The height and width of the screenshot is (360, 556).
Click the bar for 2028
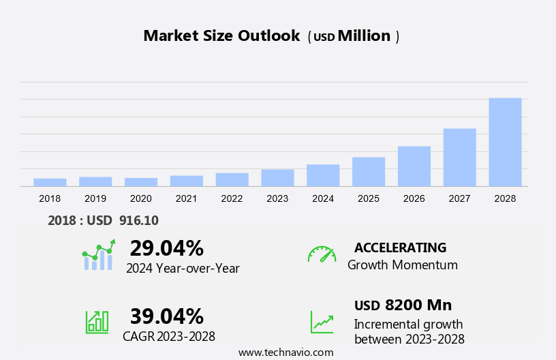pyautogui.click(x=505, y=142)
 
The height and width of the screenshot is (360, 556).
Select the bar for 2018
pyautogui.click(x=50, y=182)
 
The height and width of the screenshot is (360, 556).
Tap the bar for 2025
pyautogui.click(x=369, y=171)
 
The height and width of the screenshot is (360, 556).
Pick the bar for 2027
pyautogui.click(x=460, y=157)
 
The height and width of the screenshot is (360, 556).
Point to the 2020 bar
pyautogui.click(x=141, y=181)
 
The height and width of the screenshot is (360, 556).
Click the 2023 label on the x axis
pyautogui.click(x=277, y=198)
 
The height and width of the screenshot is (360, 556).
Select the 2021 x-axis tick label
pyautogui.click(x=186, y=198)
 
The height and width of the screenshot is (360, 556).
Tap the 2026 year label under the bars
pyautogui.click(x=414, y=198)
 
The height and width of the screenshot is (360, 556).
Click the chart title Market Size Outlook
pyautogui.click(x=221, y=36)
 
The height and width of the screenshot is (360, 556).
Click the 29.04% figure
pyautogui.click(x=166, y=247)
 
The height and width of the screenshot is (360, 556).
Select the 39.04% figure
pyautogui.click(x=166, y=316)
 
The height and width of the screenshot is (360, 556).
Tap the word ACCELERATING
pyautogui.click(x=400, y=247)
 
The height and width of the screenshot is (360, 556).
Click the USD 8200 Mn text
pyautogui.click(x=403, y=305)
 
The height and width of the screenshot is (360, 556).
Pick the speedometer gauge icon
pyautogui.click(x=322, y=254)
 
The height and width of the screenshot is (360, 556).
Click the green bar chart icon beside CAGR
pyautogui.click(x=97, y=321)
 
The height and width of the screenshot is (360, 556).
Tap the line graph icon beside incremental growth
pyautogui.click(x=322, y=322)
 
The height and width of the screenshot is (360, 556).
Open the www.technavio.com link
pyautogui.click(x=285, y=352)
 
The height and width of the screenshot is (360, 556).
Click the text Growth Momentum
pyautogui.click(x=402, y=265)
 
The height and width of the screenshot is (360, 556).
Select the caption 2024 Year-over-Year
pyautogui.click(x=183, y=268)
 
